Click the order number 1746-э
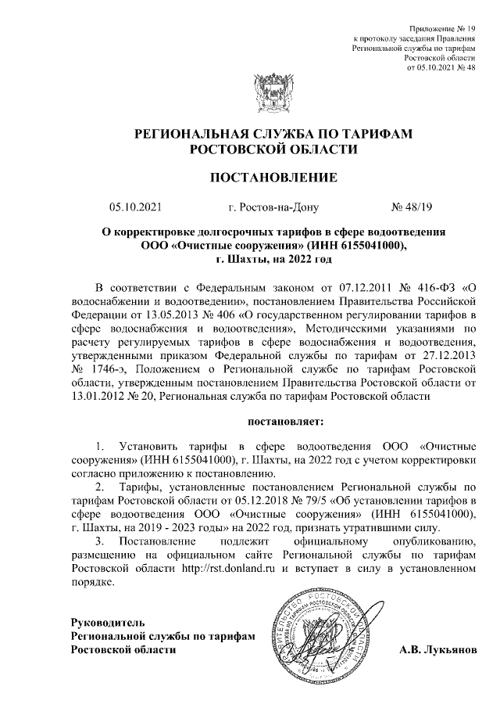point(110,368)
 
